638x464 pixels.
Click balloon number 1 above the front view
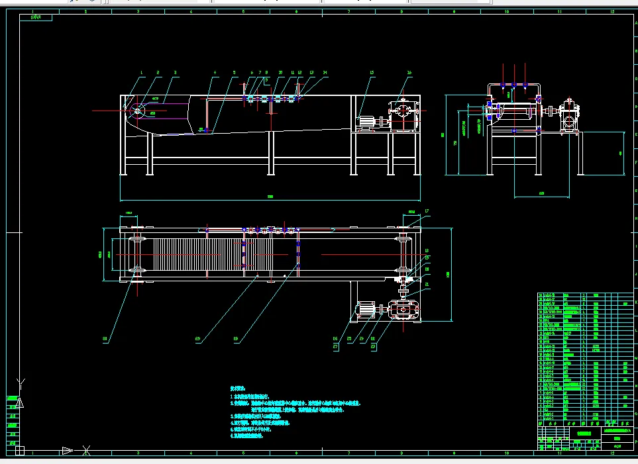tap(142, 72)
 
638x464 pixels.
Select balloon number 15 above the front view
tap(372, 72)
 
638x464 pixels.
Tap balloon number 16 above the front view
tap(409, 72)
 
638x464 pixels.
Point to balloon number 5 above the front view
tap(234, 72)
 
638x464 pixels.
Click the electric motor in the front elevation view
tap(366, 122)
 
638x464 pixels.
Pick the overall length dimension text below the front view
tap(270, 197)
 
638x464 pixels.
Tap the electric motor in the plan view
tap(366, 309)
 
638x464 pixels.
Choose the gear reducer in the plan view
tap(403, 309)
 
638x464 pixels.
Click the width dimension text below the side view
tap(541, 193)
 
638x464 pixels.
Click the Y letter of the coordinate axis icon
tap(21, 382)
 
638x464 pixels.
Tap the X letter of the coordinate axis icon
tap(86, 451)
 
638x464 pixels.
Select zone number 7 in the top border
tap(349, 11)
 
